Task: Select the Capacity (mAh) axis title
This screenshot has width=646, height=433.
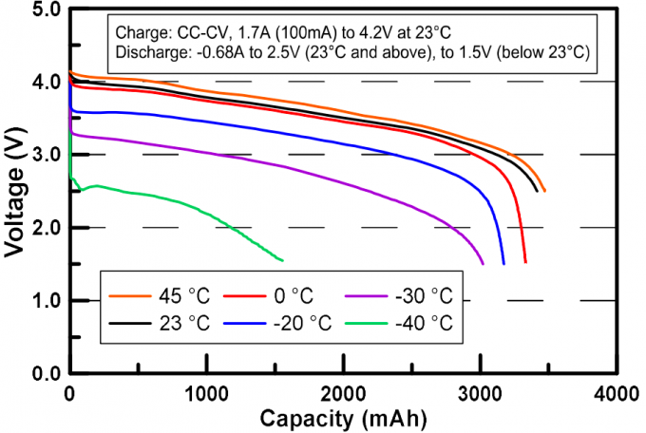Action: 343,417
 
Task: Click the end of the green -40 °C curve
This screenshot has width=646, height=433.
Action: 282,260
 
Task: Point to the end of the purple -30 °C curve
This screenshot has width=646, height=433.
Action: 483,263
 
